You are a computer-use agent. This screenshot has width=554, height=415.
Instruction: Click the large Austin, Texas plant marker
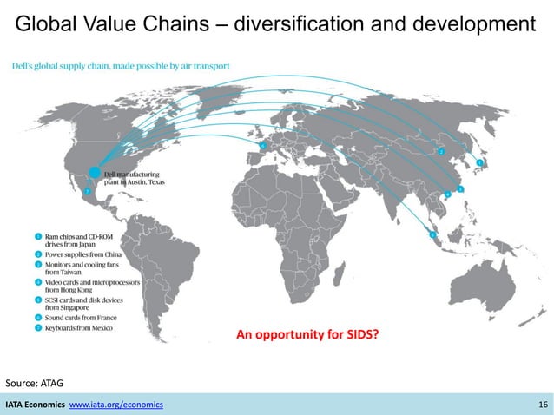click(95, 174)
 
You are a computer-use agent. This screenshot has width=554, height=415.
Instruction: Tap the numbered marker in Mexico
click(87, 191)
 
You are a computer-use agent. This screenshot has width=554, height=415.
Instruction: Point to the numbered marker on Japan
click(480, 162)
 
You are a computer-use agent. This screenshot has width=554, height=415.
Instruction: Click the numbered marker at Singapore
click(432, 234)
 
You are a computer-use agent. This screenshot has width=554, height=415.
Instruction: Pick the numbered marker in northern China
click(442, 151)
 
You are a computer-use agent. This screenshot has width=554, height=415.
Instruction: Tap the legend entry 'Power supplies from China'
click(83, 256)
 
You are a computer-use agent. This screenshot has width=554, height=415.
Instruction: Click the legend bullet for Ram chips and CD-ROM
click(38, 236)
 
